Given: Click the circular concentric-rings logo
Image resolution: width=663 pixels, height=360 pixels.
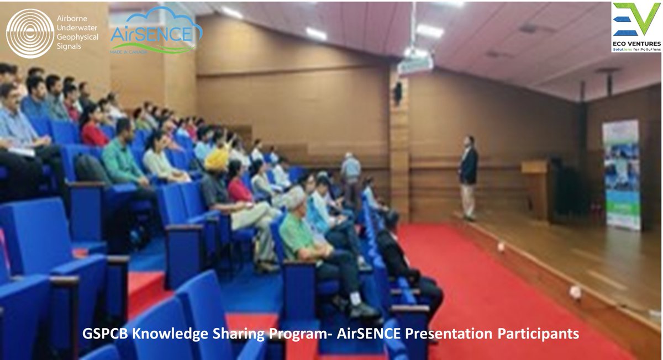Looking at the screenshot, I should pyautogui.click(x=30, y=33).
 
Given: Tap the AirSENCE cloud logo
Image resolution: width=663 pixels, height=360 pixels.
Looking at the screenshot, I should pyautogui.click(x=156, y=31).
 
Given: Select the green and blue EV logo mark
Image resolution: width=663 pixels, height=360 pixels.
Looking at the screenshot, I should pyautogui.click(x=636, y=19).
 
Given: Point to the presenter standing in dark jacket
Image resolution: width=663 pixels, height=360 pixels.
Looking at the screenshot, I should pyautogui.click(x=469, y=177).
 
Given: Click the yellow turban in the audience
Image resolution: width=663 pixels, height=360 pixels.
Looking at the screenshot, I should pyautogui.click(x=217, y=159).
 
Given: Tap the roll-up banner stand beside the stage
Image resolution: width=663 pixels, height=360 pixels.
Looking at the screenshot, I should pyautogui.click(x=622, y=174).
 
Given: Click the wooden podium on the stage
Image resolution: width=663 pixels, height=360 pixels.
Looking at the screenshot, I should pyautogui.click(x=535, y=188).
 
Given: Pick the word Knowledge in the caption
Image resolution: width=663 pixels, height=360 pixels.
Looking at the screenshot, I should pyautogui.click(x=169, y=334).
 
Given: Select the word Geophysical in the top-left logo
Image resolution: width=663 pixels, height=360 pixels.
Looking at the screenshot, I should pyautogui.click(x=78, y=37).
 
